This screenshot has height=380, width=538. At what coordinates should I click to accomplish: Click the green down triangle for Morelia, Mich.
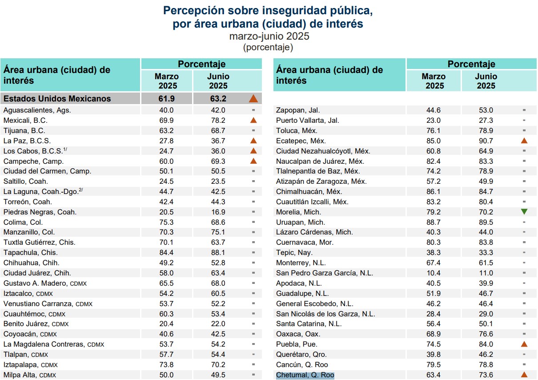pos(524,212)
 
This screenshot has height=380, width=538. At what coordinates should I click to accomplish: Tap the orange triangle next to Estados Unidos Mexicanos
pos(253,99)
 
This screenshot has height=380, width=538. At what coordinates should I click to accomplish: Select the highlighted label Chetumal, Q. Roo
pos(305,375)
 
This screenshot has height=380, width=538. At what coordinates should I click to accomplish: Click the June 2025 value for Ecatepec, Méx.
pos(484,141)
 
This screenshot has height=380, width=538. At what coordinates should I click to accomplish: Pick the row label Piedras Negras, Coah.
pos(40,212)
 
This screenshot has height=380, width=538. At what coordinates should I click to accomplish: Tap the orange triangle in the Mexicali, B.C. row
pos(253,120)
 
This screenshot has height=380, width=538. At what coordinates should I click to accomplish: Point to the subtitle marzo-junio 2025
pos(269,36)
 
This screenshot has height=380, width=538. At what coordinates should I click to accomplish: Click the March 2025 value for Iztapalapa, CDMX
pos(166,365)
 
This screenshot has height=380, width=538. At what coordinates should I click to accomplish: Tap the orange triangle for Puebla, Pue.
pos(524,344)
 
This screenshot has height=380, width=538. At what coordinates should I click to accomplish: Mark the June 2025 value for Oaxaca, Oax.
pos(484,334)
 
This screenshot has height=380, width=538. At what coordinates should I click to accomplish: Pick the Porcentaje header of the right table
pos(471,64)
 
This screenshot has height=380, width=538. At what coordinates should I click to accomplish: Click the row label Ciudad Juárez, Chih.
pos(37,273)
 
